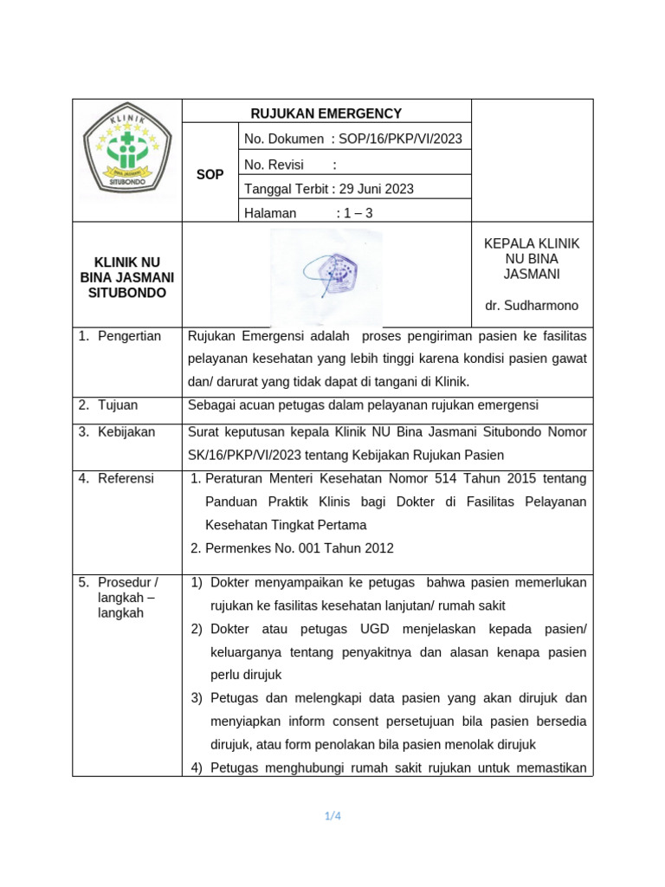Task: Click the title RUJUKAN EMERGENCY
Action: [x=326, y=113]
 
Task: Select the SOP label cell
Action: [x=210, y=174]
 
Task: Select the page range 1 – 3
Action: [x=354, y=213]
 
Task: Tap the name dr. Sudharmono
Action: [x=532, y=306]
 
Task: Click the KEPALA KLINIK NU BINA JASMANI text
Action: [x=532, y=259]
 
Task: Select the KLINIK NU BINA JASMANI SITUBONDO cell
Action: [x=127, y=277]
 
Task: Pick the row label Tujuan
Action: [x=118, y=405]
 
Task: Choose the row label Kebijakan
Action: [x=126, y=431]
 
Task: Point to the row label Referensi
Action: [x=126, y=478]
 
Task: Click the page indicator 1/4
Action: [x=332, y=815]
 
